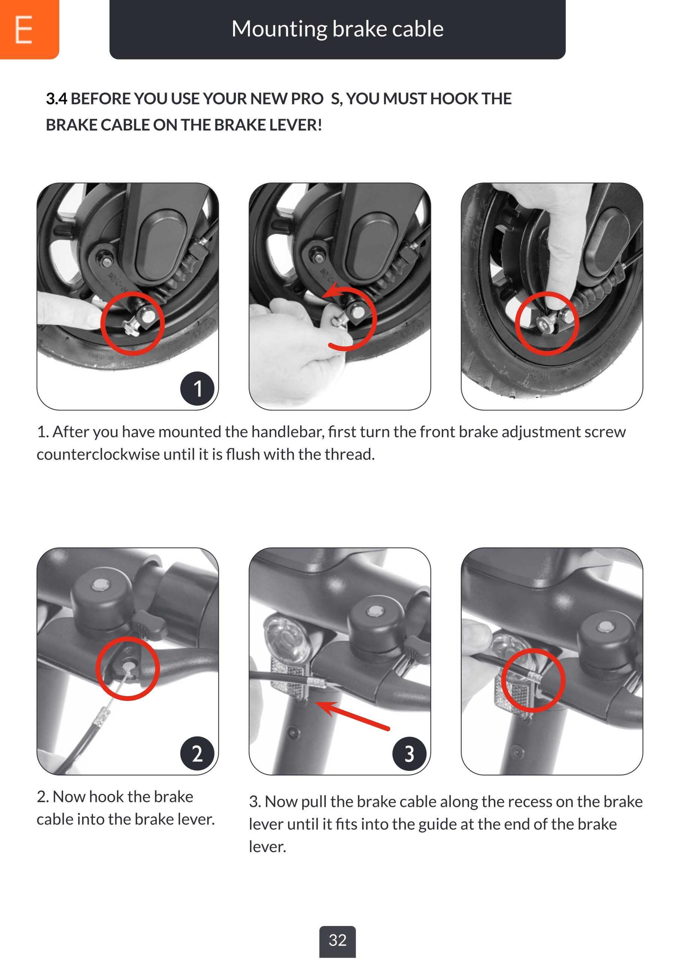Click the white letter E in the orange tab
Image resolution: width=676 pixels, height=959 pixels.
tap(24, 29)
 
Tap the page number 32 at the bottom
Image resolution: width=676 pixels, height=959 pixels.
tap(338, 940)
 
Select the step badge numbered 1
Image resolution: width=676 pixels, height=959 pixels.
tap(197, 388)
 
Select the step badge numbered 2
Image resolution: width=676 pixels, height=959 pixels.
tap(197, 753)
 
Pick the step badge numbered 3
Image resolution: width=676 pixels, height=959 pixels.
tap(410, 753)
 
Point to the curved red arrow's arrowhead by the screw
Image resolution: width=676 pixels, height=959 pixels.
tap(332, 291)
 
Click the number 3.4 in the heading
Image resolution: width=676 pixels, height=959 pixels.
tap(57, 99)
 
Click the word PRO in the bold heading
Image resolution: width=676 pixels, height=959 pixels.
tap(307, 99)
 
